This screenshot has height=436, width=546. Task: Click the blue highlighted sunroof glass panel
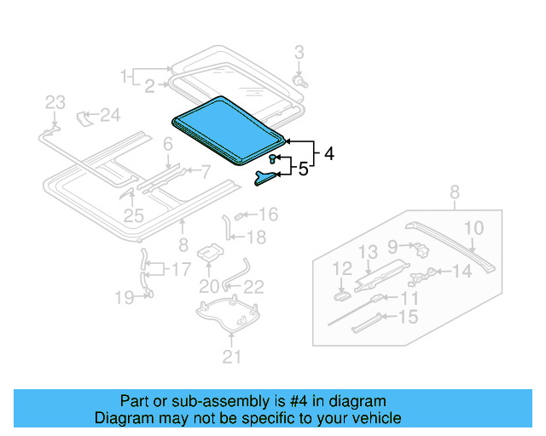[x=227, y=128]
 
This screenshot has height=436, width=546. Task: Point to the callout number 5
[x=302, y=169]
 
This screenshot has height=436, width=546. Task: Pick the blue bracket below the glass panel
[x=266, y=175]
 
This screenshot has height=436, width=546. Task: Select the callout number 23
[x=55, y=103]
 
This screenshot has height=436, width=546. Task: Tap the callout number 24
[x=112, y=114]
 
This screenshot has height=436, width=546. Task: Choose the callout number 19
[x=124, y=296]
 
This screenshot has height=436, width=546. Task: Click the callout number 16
[x=268, y=214]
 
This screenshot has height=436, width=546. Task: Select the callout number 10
[x=473, y=227]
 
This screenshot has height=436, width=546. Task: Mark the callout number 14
[x=461, y=272]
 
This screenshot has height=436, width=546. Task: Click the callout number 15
[x=409, y=317]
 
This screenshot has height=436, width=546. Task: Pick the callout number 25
[x=133, y=216]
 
